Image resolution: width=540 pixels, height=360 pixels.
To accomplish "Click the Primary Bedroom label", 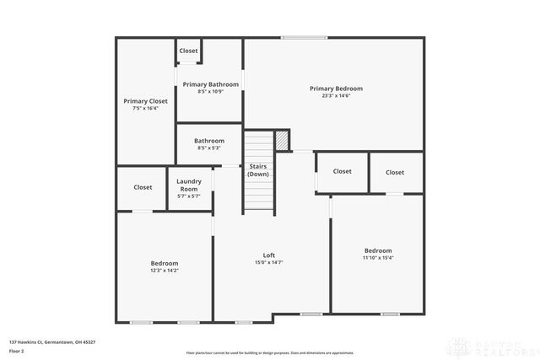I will click(x=336, y=89).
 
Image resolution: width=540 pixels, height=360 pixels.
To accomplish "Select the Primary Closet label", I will click(x=145, y=101).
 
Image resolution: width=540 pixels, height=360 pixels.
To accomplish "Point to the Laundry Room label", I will click(x=188, y=185).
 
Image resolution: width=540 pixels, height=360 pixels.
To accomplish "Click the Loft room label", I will click(x=269, y=255).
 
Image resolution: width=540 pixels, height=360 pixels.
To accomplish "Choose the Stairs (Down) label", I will click(x=257, y=169).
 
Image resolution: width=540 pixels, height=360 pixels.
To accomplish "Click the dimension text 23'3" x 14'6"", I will click(x=336, y=95).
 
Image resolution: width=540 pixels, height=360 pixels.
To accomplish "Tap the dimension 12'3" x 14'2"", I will click(x=165, y=270).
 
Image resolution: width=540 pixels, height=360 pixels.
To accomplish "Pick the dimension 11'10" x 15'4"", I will click(x=378, y=257).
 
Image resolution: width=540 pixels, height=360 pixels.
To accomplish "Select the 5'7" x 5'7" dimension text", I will click(x=188, y=196).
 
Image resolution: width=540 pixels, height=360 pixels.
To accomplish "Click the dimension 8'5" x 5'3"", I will click(x=209, y=148).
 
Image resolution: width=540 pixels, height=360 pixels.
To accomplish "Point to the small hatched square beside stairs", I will click(x=283, y=140).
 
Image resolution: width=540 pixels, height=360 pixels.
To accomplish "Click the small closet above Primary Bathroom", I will click(x=188, y=51).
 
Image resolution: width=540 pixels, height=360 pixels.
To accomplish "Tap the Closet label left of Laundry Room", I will click(x=143, y=187).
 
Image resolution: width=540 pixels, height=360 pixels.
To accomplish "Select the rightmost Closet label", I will click(x=395, y=172).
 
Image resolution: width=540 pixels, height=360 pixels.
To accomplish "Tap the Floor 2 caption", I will click(x=17, y=350).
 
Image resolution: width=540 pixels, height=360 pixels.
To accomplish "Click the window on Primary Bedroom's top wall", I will click(x=304, y=37).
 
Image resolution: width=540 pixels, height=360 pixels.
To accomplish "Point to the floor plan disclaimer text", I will click(x=270, y=352).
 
